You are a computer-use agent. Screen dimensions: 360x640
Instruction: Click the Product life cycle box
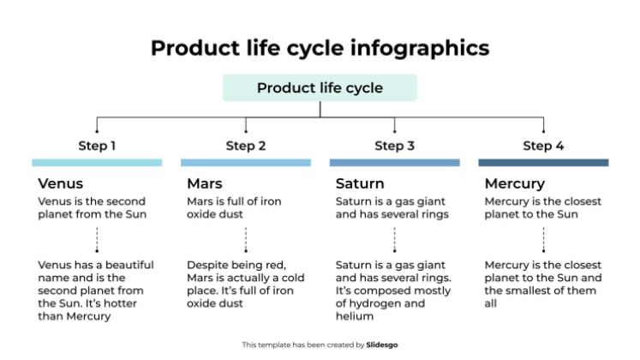point(320,88)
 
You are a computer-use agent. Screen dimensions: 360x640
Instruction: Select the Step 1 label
point(97,146)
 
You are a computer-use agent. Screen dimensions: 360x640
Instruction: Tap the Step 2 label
point(246,146)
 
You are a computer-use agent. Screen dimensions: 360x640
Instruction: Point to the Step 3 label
point(394,146)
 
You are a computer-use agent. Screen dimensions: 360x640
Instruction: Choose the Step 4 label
point(543,146)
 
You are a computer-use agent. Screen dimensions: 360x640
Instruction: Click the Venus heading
point(61,183)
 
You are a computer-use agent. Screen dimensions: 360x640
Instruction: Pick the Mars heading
point(205,183)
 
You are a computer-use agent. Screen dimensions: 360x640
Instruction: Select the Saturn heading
point(360,183)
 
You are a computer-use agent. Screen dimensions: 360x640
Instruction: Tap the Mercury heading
point(515,183)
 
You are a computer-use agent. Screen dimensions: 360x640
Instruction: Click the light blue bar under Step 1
point(97,162)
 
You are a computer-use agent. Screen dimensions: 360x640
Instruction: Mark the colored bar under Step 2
point(246,162)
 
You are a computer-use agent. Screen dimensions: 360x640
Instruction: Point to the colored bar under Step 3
point(394,162)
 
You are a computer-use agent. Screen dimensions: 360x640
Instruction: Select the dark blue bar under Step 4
point(543,162)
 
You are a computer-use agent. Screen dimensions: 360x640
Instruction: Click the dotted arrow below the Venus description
point(97,239)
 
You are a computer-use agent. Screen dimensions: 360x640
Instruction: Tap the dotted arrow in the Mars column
point(246,239)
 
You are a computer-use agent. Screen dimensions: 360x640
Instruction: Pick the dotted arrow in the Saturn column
point(394,239)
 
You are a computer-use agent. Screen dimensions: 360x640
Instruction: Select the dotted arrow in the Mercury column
point(543,239)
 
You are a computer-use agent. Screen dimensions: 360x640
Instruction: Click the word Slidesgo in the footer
point(382,345)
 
